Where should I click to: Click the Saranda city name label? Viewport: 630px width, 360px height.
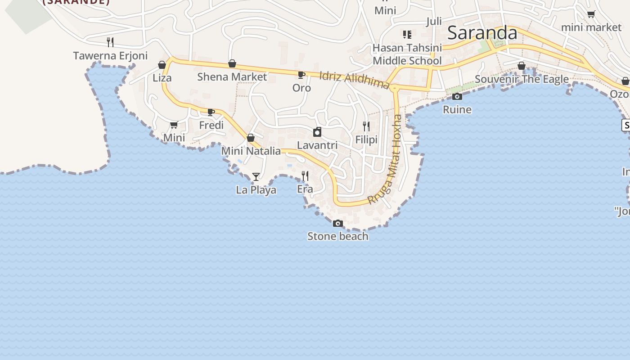pos(482,33)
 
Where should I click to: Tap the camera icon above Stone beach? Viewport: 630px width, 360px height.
pos(338,223)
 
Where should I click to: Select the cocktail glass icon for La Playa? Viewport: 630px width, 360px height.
pos(256,177)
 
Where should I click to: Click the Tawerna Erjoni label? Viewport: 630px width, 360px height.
pos(110,56)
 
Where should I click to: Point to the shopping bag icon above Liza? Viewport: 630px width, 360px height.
pos(162,65)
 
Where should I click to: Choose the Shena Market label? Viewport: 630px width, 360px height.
pos(232,77)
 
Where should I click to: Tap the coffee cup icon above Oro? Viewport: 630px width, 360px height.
pos(301,75)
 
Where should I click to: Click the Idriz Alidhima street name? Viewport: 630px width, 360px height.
pos(354,80)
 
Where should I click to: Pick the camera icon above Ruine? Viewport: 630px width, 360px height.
pos(457,96)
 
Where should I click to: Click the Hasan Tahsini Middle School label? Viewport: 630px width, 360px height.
pos(407,54)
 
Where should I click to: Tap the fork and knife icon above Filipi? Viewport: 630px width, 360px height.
pos(366,126)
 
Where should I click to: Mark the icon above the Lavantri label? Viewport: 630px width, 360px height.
pos(317,132)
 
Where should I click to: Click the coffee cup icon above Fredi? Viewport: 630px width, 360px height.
pos(211,112)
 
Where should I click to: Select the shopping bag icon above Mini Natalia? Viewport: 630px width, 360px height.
pos(251,138)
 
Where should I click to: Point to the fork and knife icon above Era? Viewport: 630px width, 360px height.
pos(305,176)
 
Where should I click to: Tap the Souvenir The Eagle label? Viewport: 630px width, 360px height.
pos(522,80)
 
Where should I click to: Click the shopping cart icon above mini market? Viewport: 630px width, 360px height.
pos(591,14)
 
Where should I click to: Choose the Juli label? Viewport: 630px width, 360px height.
pos(434,21)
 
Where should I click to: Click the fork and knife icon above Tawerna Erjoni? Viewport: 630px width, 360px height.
pos(110,42)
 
